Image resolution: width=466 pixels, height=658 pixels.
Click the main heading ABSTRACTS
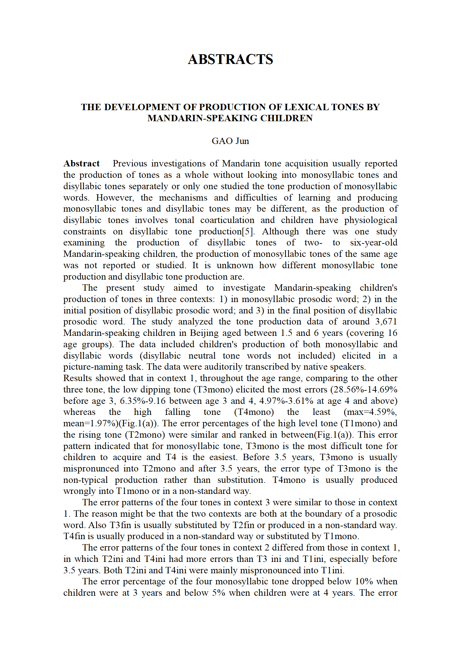pos(230,59)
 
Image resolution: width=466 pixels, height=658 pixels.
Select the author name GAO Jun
pos(230,141)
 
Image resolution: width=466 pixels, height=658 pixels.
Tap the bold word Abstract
pos(81,163)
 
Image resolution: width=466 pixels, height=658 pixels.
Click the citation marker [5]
pos(248,231)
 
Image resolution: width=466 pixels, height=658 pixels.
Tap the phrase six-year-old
pos(374,243)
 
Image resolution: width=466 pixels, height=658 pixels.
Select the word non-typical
pos(85,480)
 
